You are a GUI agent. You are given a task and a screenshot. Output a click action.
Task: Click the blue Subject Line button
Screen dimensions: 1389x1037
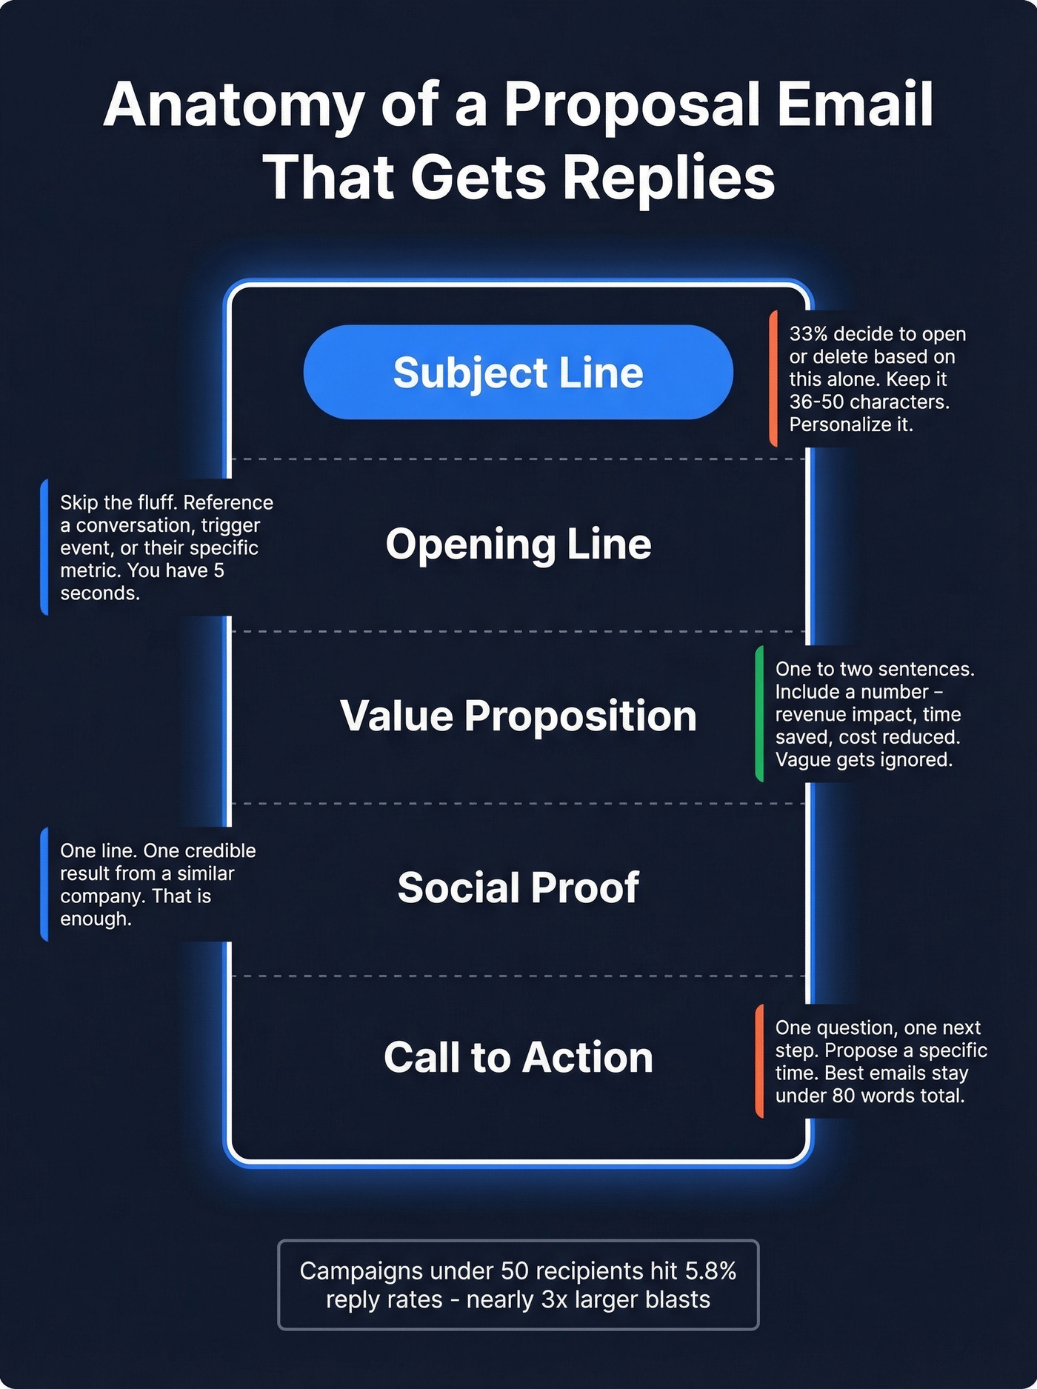point(518,372)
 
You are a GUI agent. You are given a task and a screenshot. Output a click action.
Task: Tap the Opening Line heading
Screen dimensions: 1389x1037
point(518,544)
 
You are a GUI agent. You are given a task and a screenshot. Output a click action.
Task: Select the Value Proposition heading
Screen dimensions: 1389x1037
point(518,716)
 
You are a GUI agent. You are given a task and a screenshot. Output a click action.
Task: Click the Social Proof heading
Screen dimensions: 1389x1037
point(518,887)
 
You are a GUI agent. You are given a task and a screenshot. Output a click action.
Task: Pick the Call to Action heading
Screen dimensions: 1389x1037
point(518,1057)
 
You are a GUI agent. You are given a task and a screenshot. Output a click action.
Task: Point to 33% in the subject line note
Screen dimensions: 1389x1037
point(808,334)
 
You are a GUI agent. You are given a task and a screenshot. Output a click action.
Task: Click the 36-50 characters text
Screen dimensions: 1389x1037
point(869,402)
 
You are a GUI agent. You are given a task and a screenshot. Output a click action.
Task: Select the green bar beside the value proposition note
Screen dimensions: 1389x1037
point(759,714)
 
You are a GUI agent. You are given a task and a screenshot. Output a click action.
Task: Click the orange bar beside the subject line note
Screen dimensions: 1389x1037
point(773,379)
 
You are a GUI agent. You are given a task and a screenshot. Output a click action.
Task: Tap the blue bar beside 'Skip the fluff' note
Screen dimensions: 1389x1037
point(44,547)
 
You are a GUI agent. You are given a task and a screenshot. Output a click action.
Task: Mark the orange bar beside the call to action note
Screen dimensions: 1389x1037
point(759,1061)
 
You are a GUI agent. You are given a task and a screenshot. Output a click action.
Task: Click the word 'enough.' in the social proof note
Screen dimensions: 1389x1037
point(96,919)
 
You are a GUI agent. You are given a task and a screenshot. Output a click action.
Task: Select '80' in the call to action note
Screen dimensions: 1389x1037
point(844,1096)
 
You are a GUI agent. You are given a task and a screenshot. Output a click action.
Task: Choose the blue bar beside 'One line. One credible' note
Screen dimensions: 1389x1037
point(44,885)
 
